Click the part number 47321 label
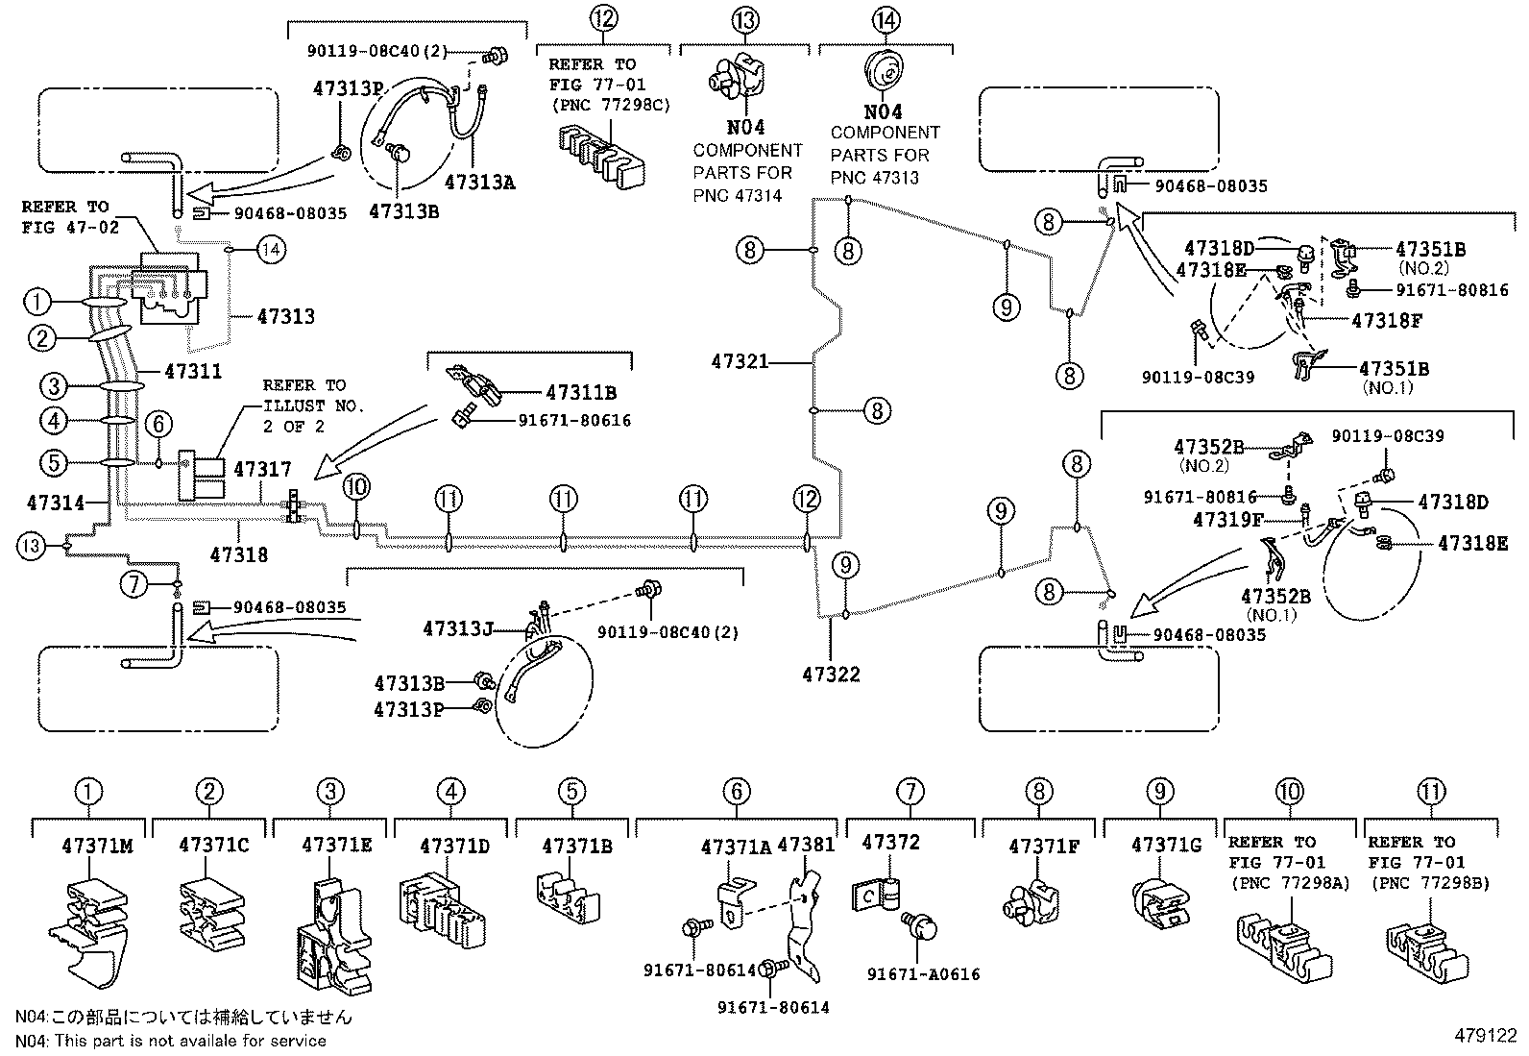(x=739, y=362)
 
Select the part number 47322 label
(x=832, y=675)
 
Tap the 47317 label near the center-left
(x=262, y=469)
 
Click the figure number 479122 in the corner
(x=1485, y=1036)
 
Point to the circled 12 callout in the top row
(x=603, y=18)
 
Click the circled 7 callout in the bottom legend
(x=910, y=792)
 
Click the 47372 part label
(x=890, y=843)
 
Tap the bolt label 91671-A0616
(x=923, y=974)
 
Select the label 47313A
(x=479, y=182)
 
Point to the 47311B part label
(x=580, y=392)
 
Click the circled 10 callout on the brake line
(x=355, y=487)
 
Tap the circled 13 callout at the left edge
(x=30, y=546)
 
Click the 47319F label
(x=1227, y=520)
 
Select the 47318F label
(x=1386, y=321)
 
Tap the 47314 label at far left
(x=55, y=502)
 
